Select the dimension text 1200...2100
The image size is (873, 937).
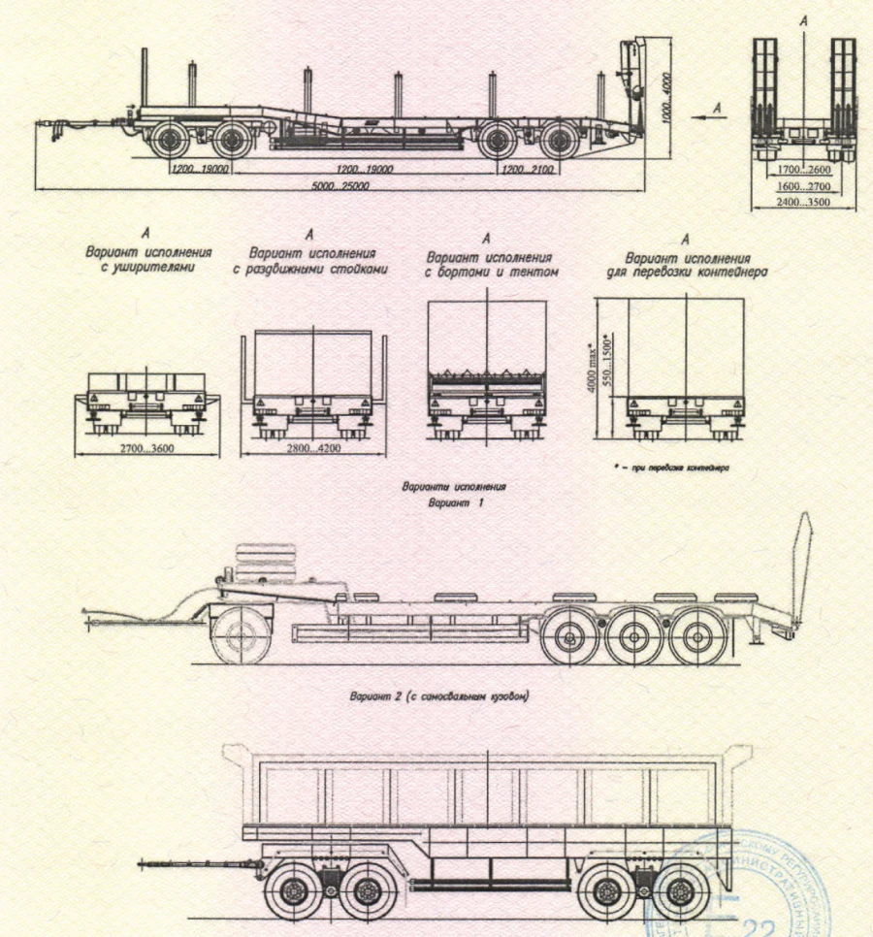528,169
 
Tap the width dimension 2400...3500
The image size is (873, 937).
804,204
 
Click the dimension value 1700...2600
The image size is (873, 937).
804,169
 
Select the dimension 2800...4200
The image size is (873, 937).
313,451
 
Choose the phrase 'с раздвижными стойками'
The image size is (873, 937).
310,270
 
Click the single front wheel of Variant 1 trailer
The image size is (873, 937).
237,635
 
